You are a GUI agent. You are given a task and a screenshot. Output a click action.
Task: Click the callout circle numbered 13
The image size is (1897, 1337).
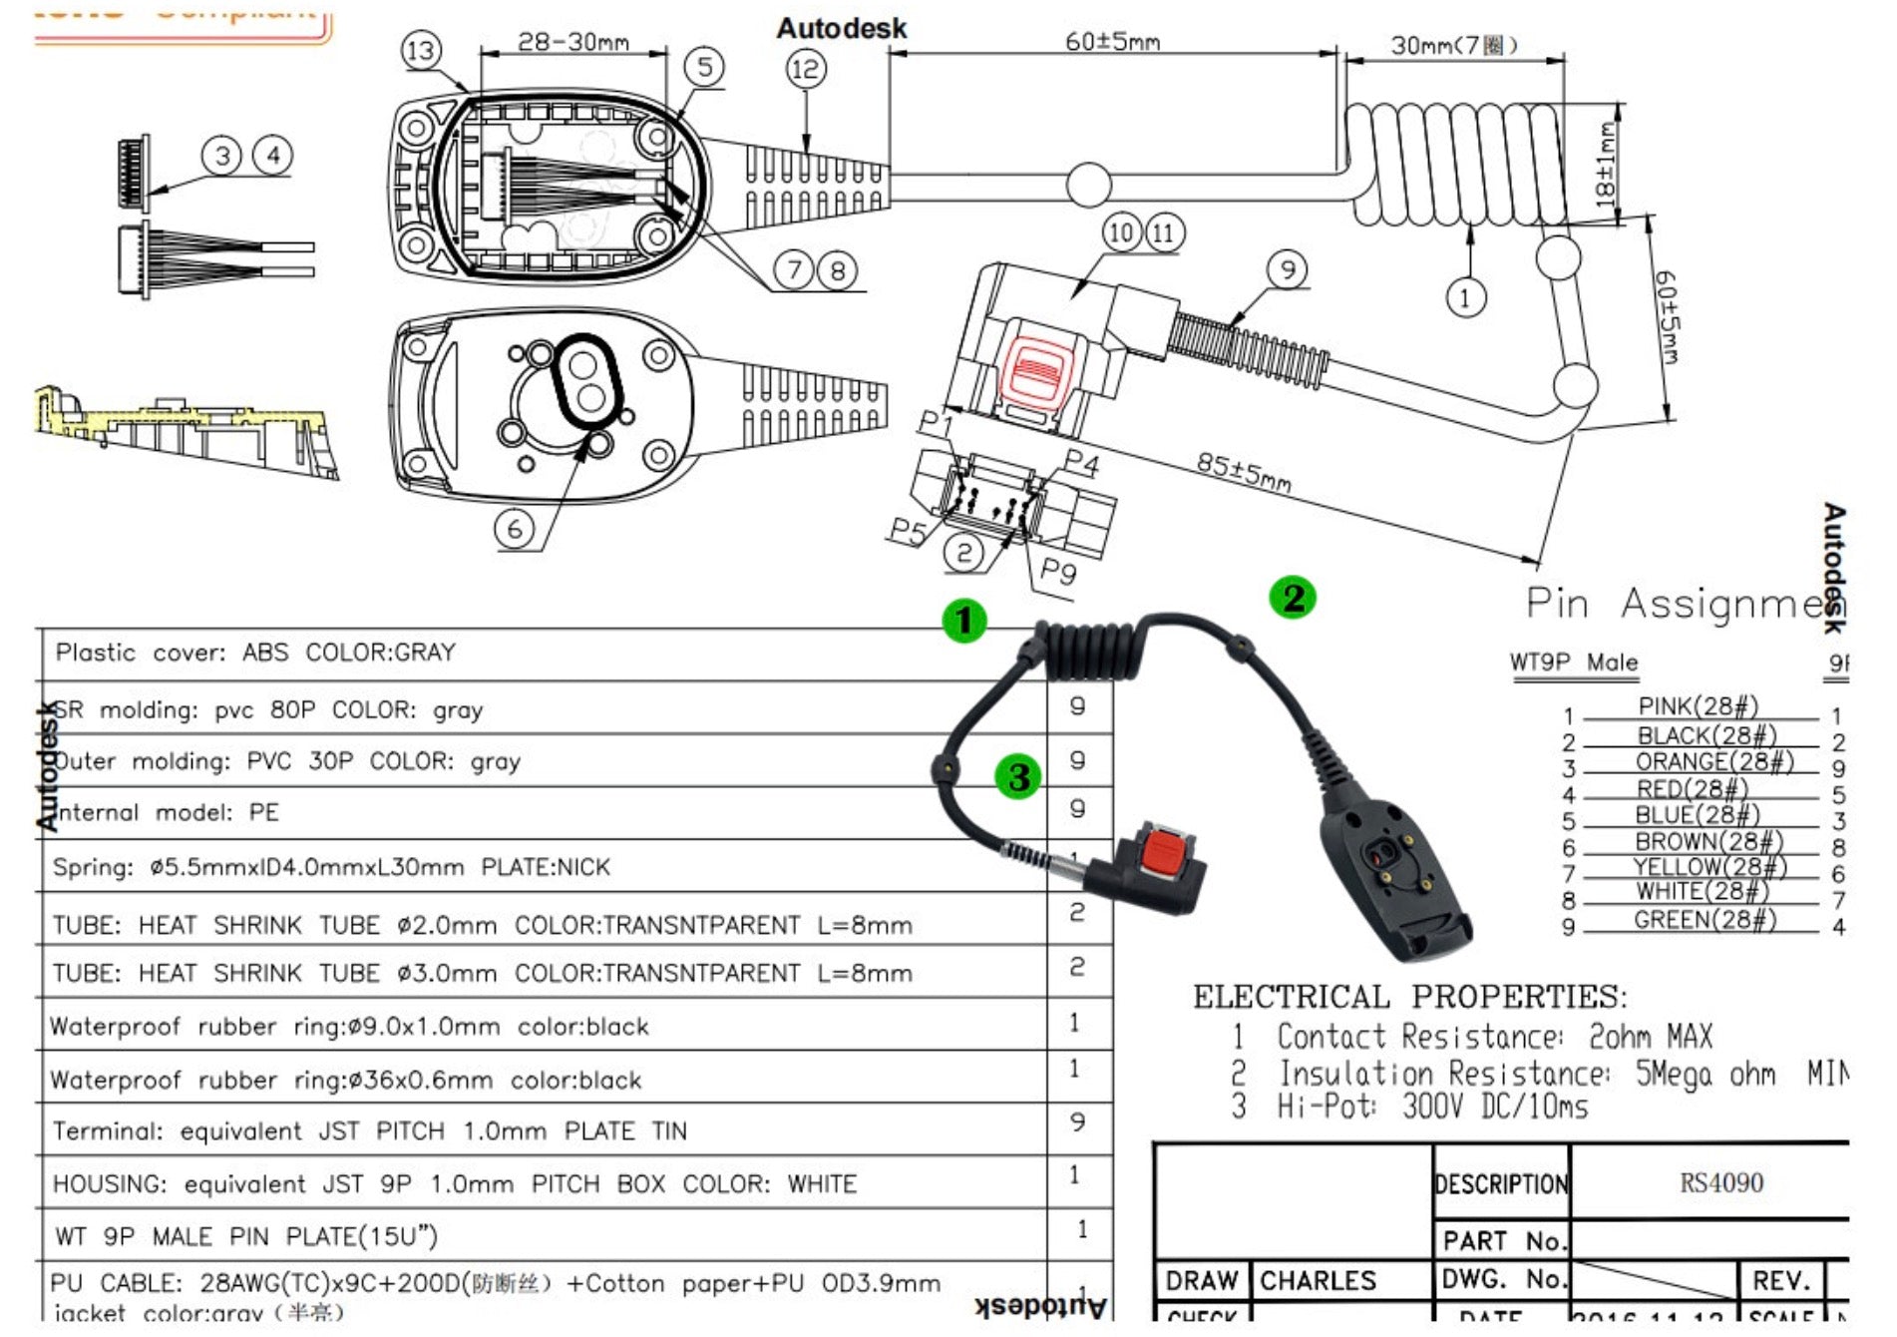coord(421,50)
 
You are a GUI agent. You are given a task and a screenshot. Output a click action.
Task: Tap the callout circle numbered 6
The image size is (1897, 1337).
coord(515,529)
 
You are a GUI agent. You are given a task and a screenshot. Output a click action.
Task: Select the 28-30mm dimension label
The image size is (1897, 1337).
coord(572,42)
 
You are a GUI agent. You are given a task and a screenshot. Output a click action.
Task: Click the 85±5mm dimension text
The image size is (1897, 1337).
coord(1243,471)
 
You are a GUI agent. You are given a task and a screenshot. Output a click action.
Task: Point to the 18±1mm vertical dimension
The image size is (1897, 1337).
coord(1605,164)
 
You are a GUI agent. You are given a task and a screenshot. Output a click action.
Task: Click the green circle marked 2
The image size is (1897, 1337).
coord(1293,598)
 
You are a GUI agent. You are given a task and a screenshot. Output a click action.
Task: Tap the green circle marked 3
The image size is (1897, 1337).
coord(1018,776)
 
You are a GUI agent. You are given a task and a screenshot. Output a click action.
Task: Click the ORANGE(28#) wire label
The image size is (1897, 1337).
coord(1713,762)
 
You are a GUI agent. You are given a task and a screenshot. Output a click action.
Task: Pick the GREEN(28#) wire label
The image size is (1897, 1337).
coord(1705,920)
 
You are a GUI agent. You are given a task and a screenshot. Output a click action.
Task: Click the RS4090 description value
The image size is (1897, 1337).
coord(1720,1183)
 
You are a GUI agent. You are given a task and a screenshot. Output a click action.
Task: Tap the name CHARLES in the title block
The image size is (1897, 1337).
coord(1318,1280)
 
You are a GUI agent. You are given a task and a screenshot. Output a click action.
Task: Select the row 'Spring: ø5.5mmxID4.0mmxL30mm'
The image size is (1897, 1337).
coord(331,867)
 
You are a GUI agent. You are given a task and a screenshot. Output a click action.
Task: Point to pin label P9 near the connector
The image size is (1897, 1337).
coord(1057,572)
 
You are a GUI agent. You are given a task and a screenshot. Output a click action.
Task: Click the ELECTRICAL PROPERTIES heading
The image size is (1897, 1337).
coord(1409,997)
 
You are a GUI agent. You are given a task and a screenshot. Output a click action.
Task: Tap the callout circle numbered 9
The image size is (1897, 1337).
coord(1288,269)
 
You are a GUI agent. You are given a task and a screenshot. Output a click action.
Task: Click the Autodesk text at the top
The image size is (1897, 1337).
coord(842,28)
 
